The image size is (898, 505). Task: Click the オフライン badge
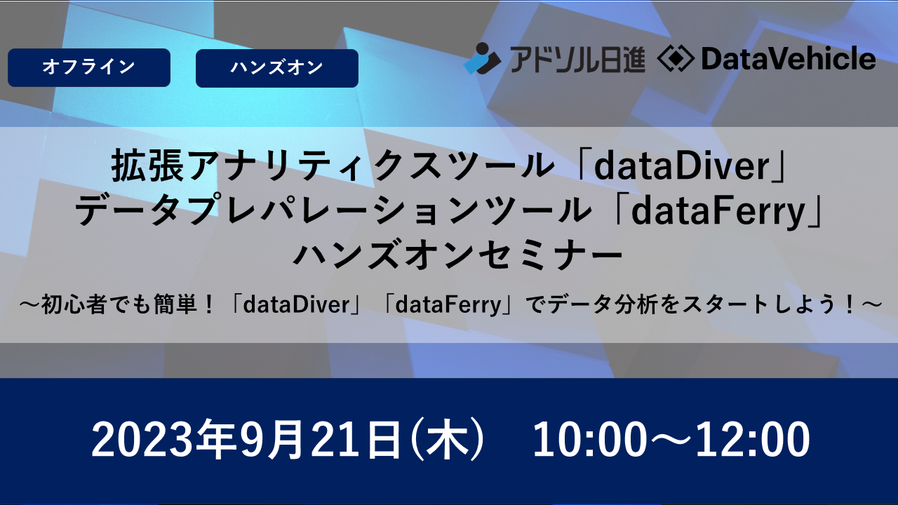click(89, 67)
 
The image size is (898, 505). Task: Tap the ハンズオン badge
click(277, 68)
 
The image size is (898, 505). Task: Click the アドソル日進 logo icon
click(482, 58)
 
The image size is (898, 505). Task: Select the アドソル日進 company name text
click(577, 60)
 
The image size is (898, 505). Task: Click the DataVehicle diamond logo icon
click(676, 60)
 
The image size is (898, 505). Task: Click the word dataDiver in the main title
click(682, 166)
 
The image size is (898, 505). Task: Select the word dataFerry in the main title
click(718, 211)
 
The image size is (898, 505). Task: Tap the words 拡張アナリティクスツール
click(333, 166)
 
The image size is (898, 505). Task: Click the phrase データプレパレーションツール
click(333, 211)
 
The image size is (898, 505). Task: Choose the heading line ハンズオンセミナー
click(458, 254)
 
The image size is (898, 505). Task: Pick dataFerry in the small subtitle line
click(448, 305)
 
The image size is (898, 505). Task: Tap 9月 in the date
click(272, 438)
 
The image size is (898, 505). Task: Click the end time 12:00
click(753, 439)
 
